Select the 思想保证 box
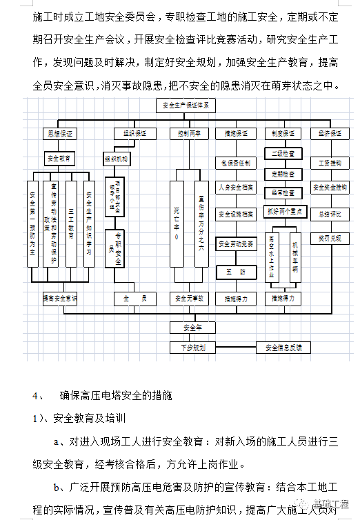pyautogui.click(x=59, y=132)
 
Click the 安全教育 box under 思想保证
pyautogui.click(x=60, y=158)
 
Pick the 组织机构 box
pyautogui.click(x=118, y=158)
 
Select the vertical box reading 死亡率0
pyautogui.click(x=177, y=220)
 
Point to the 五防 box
pyautogui.click(x=237, y=272)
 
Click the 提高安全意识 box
pyautogui.click(x=60, y=299)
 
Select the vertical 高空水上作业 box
pyautogui.click(x=272, y=255)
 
